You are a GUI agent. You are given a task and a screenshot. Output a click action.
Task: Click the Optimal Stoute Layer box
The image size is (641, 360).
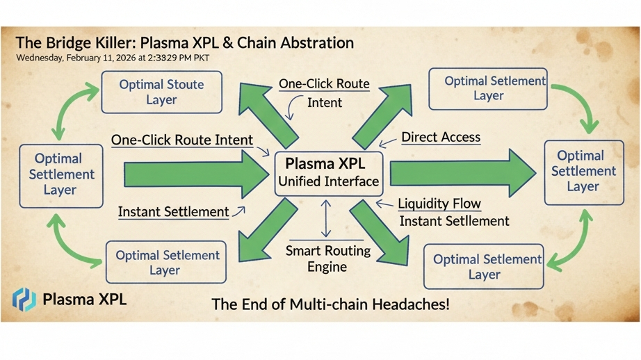[x=161, y=92]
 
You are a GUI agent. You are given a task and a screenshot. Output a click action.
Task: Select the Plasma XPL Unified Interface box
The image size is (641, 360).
[x=329, y=172]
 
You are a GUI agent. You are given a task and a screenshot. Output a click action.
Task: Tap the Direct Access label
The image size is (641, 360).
[x=441, y=137]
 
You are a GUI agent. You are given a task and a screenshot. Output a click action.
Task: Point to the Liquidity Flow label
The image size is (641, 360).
[x=439, y=204]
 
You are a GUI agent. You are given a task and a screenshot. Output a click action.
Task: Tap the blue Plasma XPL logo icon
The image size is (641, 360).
[x=24, y=300]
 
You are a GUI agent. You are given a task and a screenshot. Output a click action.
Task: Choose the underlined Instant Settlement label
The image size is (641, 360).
[x=173, y=211]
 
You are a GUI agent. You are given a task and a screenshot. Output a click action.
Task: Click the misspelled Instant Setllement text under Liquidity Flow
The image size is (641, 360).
[x=454, y=221]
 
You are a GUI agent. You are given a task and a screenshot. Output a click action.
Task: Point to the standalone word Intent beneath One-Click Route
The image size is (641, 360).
[x=324, y=102]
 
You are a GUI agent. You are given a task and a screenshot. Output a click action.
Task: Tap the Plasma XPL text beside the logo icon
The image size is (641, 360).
[x=84, y=300]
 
